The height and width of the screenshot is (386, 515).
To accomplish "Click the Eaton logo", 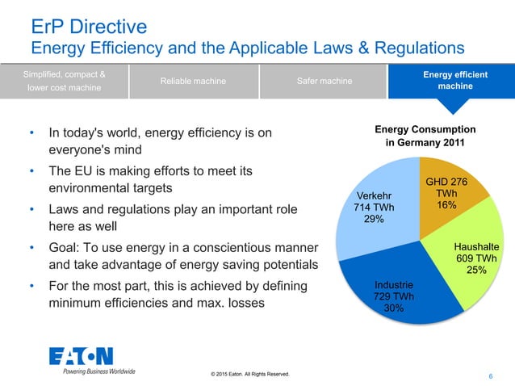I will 81,356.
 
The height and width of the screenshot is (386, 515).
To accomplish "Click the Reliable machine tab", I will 193,81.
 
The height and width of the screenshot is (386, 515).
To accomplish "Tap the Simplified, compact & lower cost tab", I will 65,81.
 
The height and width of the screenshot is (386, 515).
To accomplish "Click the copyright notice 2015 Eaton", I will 249,374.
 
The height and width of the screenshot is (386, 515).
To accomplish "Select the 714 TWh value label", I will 373,208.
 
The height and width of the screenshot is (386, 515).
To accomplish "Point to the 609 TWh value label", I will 475,258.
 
